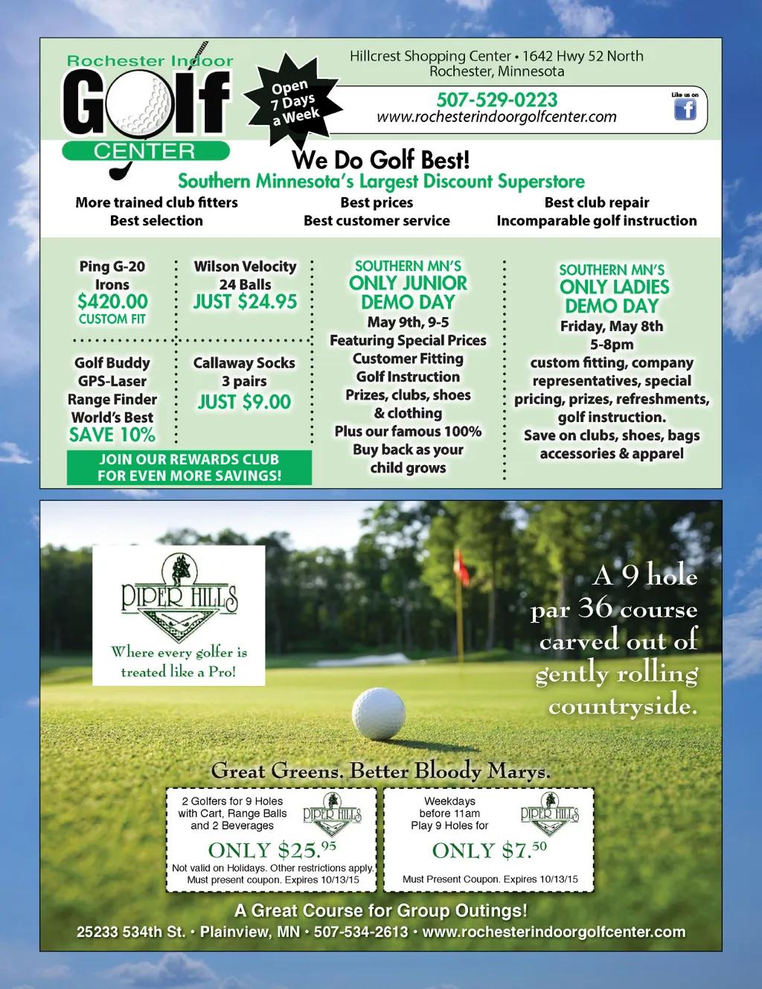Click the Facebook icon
coord(685,109)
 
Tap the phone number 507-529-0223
coord(496,100)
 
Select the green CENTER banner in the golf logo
coord(144,151)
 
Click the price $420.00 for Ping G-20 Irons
coord(112,301)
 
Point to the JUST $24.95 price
coord(245,301)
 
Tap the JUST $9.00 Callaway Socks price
coord(244,402)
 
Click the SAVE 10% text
coord(112,435)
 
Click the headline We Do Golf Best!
coord(381,160)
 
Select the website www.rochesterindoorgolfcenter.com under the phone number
coord(496,117)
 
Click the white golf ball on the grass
coord(378,713)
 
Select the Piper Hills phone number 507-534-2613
coord(361,932)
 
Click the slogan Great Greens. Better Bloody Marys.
coord(381,771)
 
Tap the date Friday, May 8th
coord(612,326)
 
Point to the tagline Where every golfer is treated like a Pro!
coord(179,662)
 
